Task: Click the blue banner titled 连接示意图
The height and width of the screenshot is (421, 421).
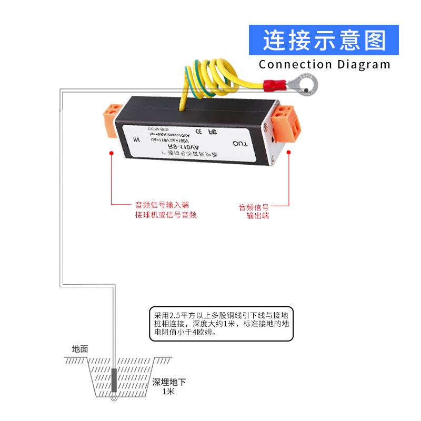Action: (324, 39)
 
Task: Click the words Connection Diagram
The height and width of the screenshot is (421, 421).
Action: (325, 65)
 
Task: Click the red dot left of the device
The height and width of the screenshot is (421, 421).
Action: (112, 153)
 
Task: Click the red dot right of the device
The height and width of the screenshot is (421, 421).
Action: (289, 153)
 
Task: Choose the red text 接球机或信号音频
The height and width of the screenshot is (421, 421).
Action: (166, 215)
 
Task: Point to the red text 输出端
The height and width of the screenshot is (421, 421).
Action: (257, 216)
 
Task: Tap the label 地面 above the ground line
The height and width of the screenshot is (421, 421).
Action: (80, 349)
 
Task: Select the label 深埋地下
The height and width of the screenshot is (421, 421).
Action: (169, 382)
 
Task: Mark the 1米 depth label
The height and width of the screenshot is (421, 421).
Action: (168, 392)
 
